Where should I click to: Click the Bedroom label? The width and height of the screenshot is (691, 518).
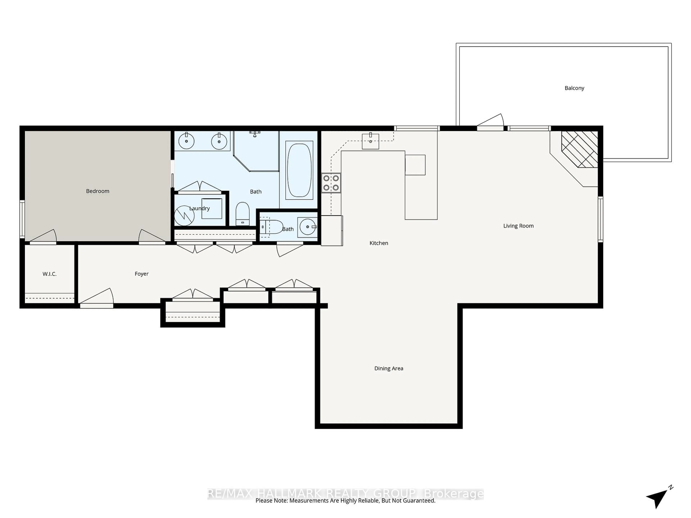pyautogui.click(x=98, y=191)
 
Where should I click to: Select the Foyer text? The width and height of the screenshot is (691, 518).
pyautogui.click(x=141, y=274)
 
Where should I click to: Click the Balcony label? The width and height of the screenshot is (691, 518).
pyautogui.click(x=574, y=88)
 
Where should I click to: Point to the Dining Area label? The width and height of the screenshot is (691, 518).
pyautogui.click(x=389, y=368)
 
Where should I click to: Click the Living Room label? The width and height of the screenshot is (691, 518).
pyautogui.click(x=518, y=226)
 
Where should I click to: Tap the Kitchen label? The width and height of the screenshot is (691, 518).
pyautogui.click(x=379, y=243)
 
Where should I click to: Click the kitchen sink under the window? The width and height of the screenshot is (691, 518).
pyautogui.click(x=371, y=141)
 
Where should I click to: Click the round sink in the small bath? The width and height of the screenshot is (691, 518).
pyautogui.click(x=307, y=227)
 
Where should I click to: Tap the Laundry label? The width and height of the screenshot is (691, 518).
pyautogui.click(x=199, y=208)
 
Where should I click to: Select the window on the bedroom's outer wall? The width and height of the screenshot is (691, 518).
pyautogui.click(x=22, y=219)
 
